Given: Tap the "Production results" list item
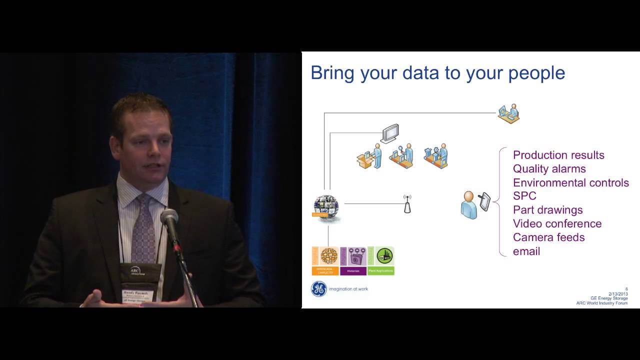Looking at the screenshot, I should pos(558,155).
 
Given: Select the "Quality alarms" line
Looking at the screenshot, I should pos(549,169).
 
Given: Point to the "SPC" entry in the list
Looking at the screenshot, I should pos(524,196).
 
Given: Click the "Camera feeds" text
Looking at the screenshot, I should pos(548,237).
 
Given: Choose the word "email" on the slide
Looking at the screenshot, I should pos(526,251).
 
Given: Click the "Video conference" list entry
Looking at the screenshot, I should pos(557,223).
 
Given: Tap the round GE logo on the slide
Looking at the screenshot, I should pos(319,289).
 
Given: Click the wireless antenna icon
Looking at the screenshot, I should pos(407,203).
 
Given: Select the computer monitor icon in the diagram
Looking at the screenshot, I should pos(389,133).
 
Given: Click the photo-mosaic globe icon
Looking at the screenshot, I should pos(326,206).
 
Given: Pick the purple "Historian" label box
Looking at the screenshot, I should pos(353,270).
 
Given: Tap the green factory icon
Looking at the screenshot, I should pos(384,256).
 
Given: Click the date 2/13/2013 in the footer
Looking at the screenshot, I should pos(617,293).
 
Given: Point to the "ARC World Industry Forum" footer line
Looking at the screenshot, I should pos(601,303).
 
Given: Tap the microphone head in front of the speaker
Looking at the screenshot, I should pos(169,217).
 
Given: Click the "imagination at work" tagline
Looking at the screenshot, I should pos(348,289).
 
